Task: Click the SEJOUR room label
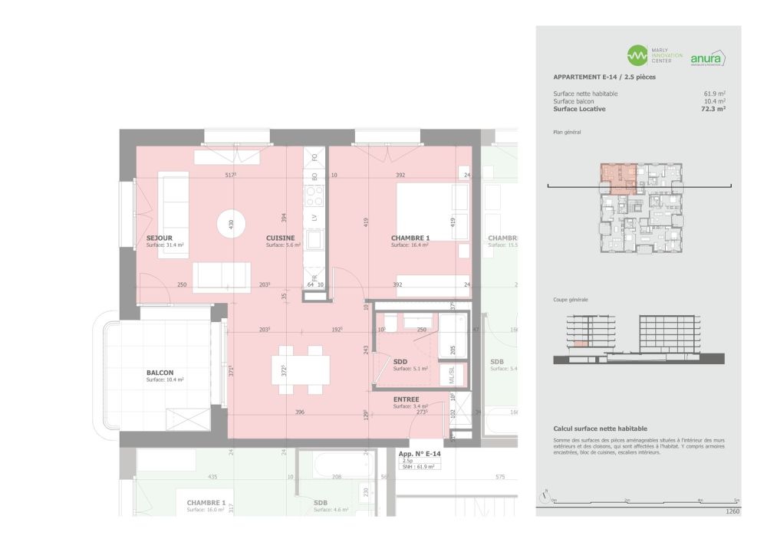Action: [x=160, y=238]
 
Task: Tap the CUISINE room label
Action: [x=281, y=238]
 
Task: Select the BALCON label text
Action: [x=160, y=373]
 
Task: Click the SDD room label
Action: [x=400, y=362]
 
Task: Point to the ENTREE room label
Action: [x=406, y=399]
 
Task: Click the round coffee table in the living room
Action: [x=230, y=224]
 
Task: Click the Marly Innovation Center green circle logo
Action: [x=637, y=55]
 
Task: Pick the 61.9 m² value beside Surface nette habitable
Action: [x=715, y=94]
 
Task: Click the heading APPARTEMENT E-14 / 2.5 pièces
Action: [x=604, y=77]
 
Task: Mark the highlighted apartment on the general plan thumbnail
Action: [x=617, y=178]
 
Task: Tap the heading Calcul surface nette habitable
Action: [x=600, y=429]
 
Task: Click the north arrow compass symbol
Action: [x=545, y=496]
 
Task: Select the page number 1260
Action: [x=732, y=511]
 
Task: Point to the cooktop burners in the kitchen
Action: [x=314, y=197]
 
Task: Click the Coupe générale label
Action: [x=571, y=300]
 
